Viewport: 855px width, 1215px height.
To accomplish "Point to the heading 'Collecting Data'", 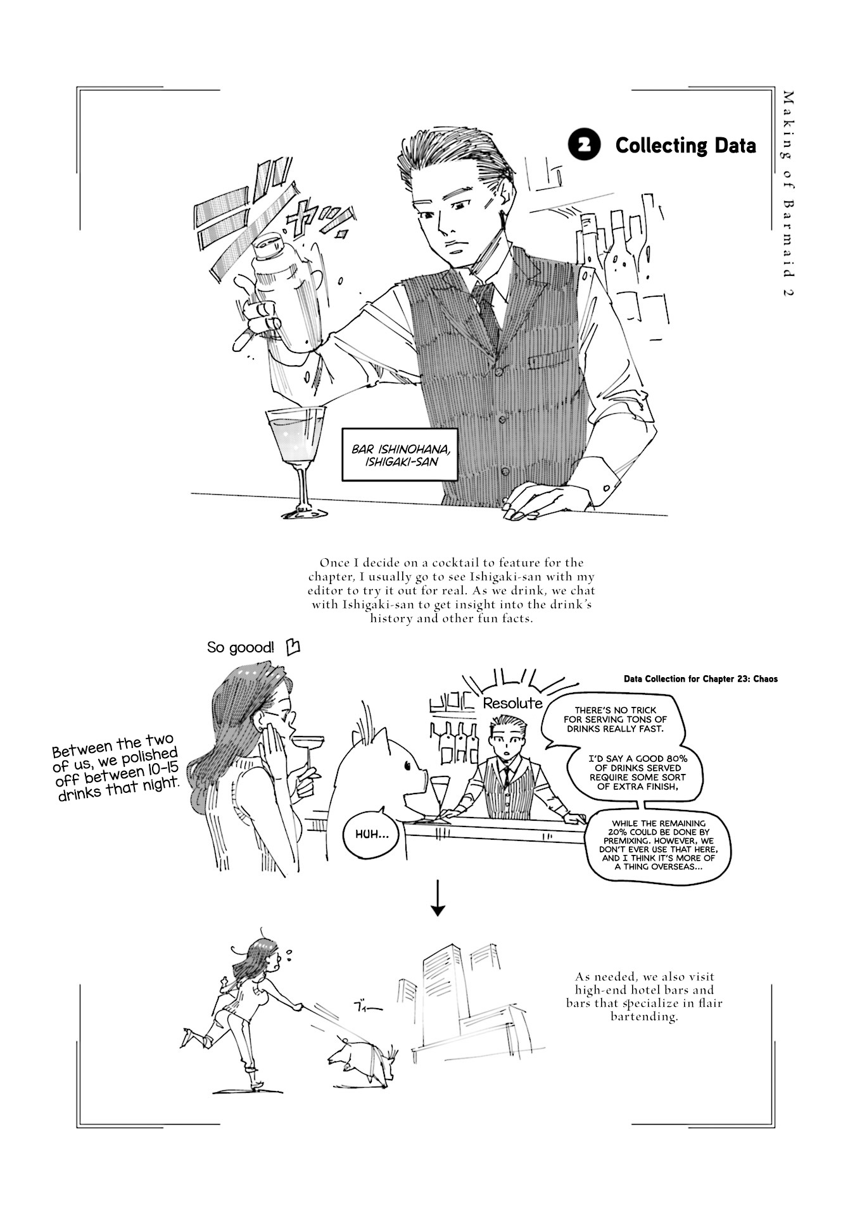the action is (x=686, y=146).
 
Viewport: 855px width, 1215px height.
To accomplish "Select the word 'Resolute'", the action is (x=512, y=703).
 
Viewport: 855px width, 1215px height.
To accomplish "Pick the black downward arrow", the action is (x=438, y=900).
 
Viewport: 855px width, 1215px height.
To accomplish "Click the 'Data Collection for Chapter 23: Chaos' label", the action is (x=700, y=679).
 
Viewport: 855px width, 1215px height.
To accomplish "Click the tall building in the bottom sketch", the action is (x=443, y=987).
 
